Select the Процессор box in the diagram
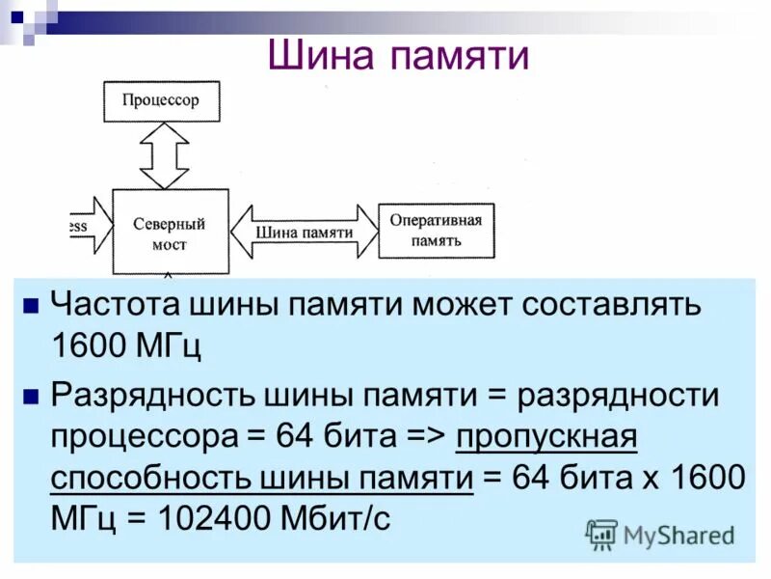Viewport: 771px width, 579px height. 161,100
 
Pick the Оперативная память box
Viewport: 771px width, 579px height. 436,230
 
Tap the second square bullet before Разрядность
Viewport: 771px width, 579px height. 30,396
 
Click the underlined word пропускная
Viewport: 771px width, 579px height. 546,436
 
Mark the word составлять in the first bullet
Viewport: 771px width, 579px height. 619,306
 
